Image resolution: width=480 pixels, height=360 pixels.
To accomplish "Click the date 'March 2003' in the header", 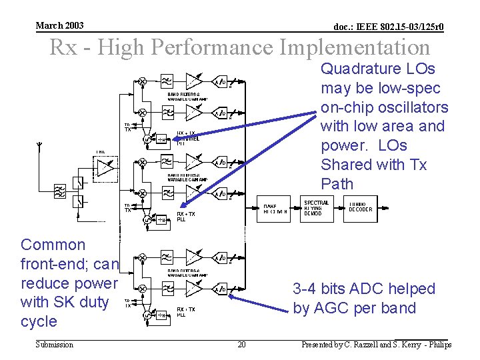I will [x=60, y=25].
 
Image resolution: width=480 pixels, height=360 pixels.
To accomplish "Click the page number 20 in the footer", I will [x=241, y=345].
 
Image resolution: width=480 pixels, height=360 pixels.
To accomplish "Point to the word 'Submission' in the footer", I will [x=55, y=345].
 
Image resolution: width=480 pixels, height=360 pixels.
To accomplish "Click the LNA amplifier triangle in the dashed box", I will [x=105, y=169].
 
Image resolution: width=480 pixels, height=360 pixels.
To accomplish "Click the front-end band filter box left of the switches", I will [x=60, y=193].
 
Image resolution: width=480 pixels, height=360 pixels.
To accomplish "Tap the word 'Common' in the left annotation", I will [x=53, y=245].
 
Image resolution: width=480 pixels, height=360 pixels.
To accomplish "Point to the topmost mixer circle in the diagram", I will [x=143, y=81].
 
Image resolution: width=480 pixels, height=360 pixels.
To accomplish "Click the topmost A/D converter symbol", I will [x=220, y=82].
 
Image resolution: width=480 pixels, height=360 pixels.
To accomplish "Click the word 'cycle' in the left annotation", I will [x=39, y=321].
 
